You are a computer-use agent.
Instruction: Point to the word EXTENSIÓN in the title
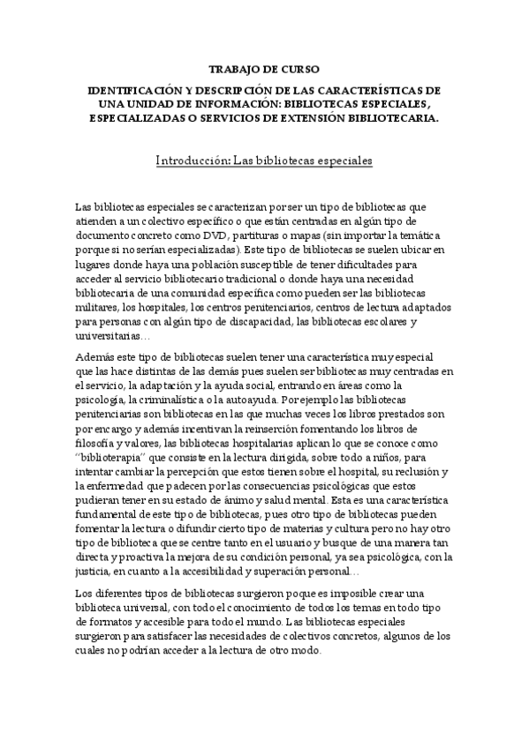(x=333, y=117)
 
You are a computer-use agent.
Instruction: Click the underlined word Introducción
(x=193, y=161)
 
